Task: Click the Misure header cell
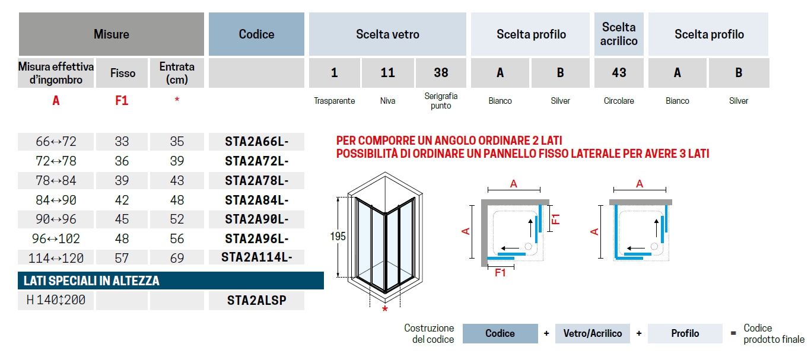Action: [112, 34]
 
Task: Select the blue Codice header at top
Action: [256, 34]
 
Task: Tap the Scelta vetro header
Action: [387, 34]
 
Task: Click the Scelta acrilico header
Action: [619, 34]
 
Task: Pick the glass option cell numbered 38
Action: [441, 73]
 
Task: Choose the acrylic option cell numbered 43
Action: [619, 73]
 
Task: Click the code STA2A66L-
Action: [256, 142]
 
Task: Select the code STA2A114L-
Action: [256, 257]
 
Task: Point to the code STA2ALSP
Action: [256, 300]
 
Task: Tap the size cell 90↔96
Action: [56, 219]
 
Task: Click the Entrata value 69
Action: [177, 258]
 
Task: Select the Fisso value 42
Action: [122, 200]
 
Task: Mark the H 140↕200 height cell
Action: [56, 300]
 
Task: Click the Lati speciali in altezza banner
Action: [171, 281]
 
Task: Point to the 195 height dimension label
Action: [338, 236]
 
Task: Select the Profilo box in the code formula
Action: [685, 333]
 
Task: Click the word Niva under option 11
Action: [387, 101]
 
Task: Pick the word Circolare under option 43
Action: [619, 101]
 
